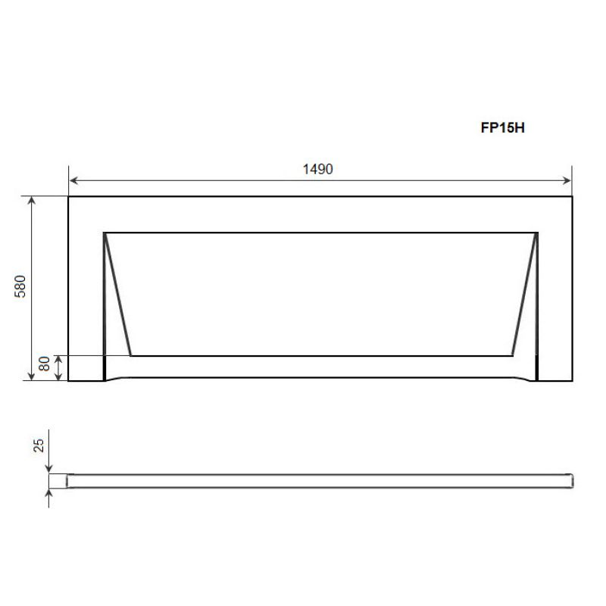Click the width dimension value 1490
(x=319, y=169)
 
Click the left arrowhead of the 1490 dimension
(x=73, y=180)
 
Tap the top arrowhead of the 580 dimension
(x=32, y=200)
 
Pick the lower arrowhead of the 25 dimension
(x=50, y=493)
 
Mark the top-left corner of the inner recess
(x=104, y=232)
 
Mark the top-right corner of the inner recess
(x=538, y=232)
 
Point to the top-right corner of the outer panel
(x=570, y=197)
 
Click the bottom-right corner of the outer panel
(x=570, y=380)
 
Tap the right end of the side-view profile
(x=572, y=481)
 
